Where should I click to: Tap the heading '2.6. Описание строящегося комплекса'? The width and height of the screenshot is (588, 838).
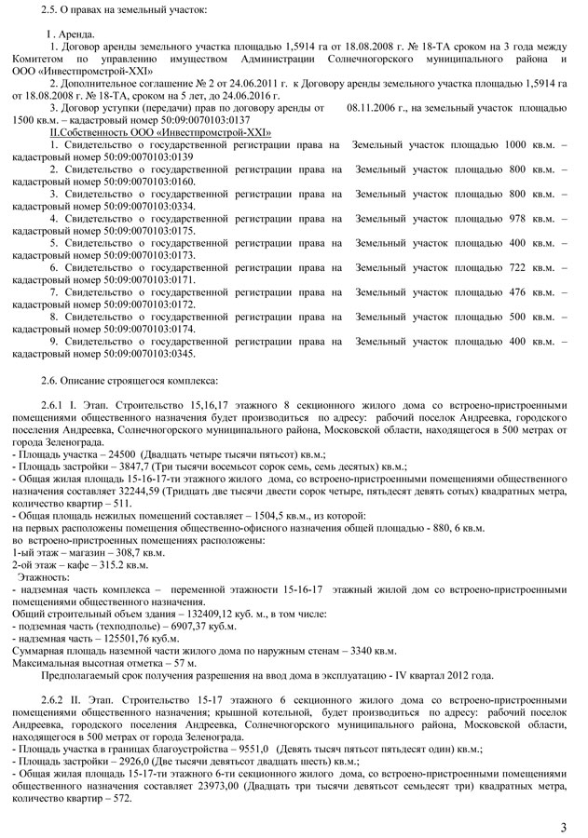coord(130,381)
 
